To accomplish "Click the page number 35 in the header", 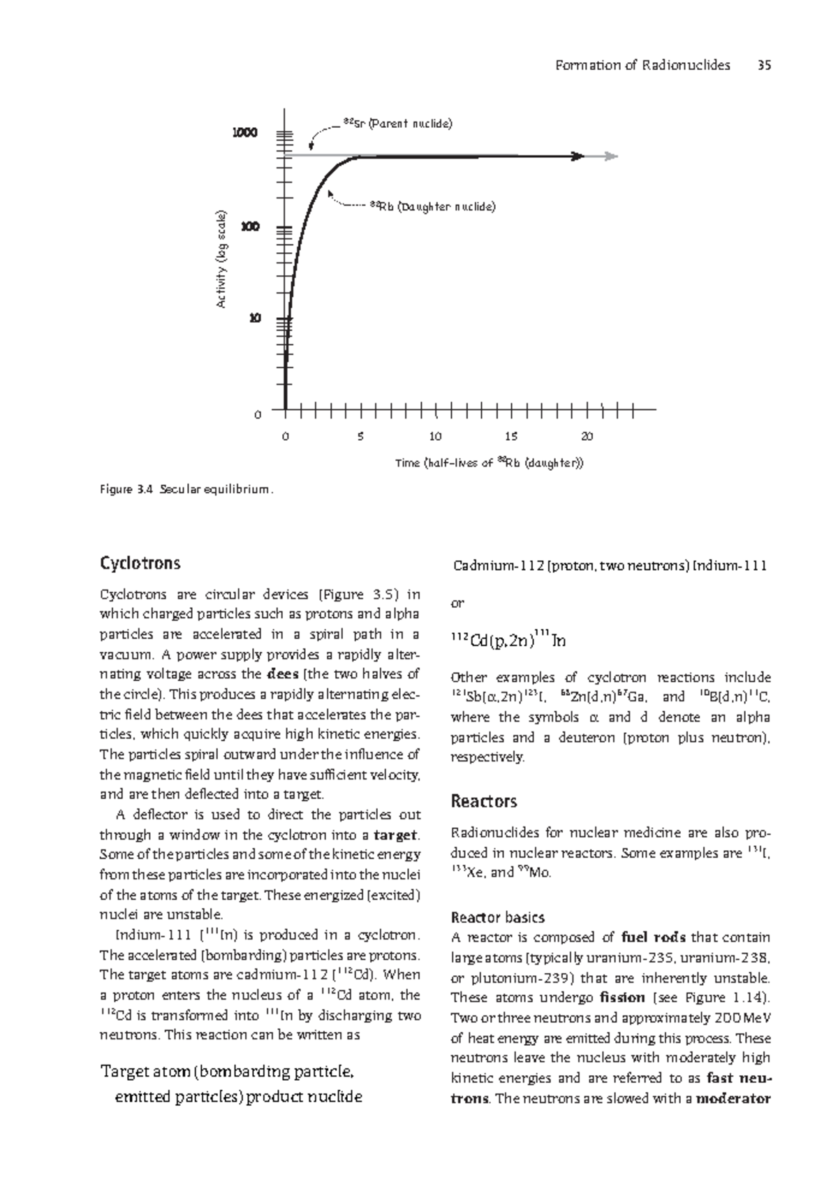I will pos(764,65).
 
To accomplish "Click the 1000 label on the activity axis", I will pos(245,133).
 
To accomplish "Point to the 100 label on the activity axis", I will pos(249,227).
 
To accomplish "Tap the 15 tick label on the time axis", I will pos(511,437).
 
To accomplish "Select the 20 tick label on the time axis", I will pos(587,437).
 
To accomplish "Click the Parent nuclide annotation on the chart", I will pos(398,124).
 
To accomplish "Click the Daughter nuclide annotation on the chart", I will pos(432,207).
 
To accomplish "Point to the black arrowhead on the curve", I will pos(578,156).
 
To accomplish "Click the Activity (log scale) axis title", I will pos(221,258).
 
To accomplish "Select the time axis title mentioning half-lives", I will pos(489,462).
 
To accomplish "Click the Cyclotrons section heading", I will pos(140,563).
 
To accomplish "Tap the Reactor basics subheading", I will pos(498,917).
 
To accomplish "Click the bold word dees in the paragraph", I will pos(283,675).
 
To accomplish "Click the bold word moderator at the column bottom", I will pos(733,1098).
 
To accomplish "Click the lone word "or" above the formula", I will pos(457,603).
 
